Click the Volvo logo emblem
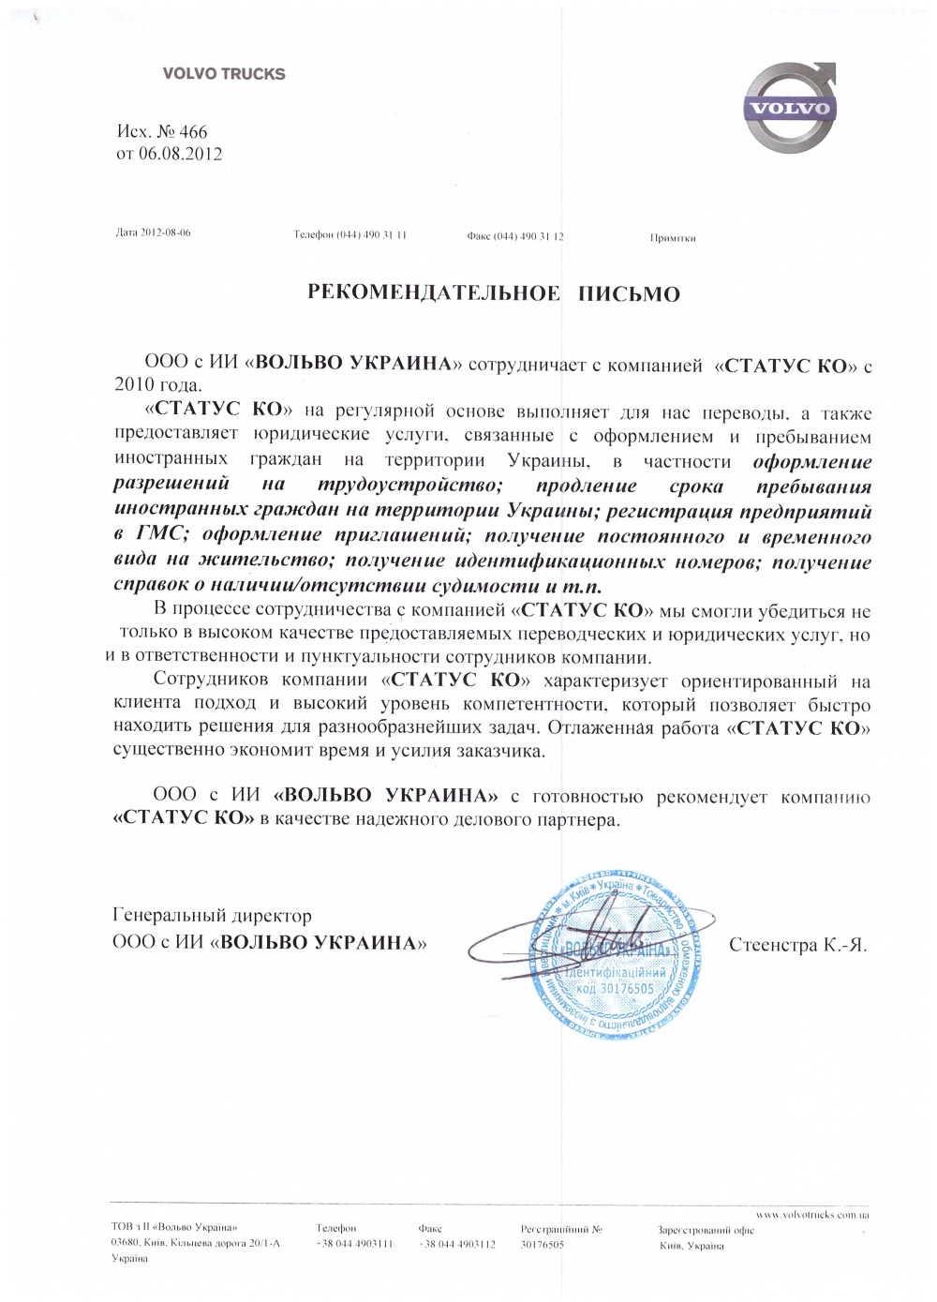[788, 108]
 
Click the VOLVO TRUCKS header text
[224, 74]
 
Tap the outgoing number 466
[193, 132]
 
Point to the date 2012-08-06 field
[165, 232]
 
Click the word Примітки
[673, 238]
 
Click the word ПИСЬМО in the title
[628, 294]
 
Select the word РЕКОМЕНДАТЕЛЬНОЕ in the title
[434, 293]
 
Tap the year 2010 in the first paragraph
[134, 385]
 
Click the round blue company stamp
[614, 957]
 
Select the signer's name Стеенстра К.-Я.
[797, 945]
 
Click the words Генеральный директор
[212, 915]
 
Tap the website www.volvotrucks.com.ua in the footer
[811, 1215]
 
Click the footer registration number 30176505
[543, 1245]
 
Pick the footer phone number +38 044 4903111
[354, 1244]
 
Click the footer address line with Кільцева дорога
[195, 1244]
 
